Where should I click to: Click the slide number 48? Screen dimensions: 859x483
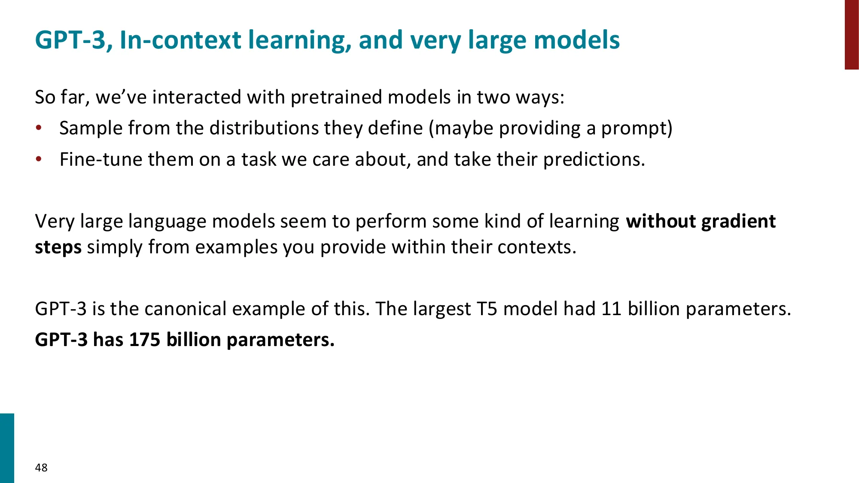point(41,468)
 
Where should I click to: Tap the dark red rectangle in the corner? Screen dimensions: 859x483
point(852,34)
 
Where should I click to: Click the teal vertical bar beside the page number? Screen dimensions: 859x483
point(7,448)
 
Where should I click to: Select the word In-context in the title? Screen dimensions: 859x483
point(180,40)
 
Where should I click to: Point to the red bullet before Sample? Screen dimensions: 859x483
point(39,128)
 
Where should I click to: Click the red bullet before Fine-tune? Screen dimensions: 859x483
point(39,159)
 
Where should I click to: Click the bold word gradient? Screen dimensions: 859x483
point(738,222)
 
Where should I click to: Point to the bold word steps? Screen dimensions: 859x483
point(58,248)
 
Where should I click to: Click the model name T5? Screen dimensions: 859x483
point(487,309)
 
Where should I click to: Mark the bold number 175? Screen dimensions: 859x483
point(145,340)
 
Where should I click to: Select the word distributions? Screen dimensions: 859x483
point(264,128)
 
